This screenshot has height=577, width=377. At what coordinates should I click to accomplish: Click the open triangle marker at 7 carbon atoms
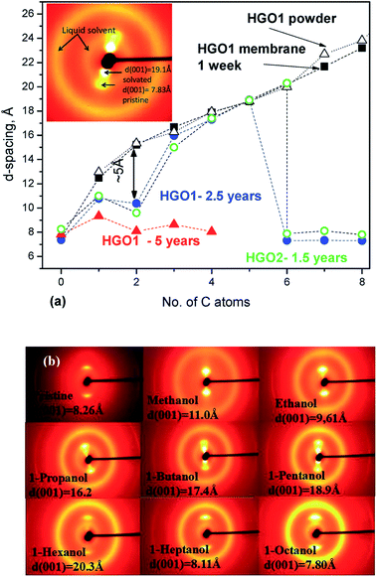click(324, 52)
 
